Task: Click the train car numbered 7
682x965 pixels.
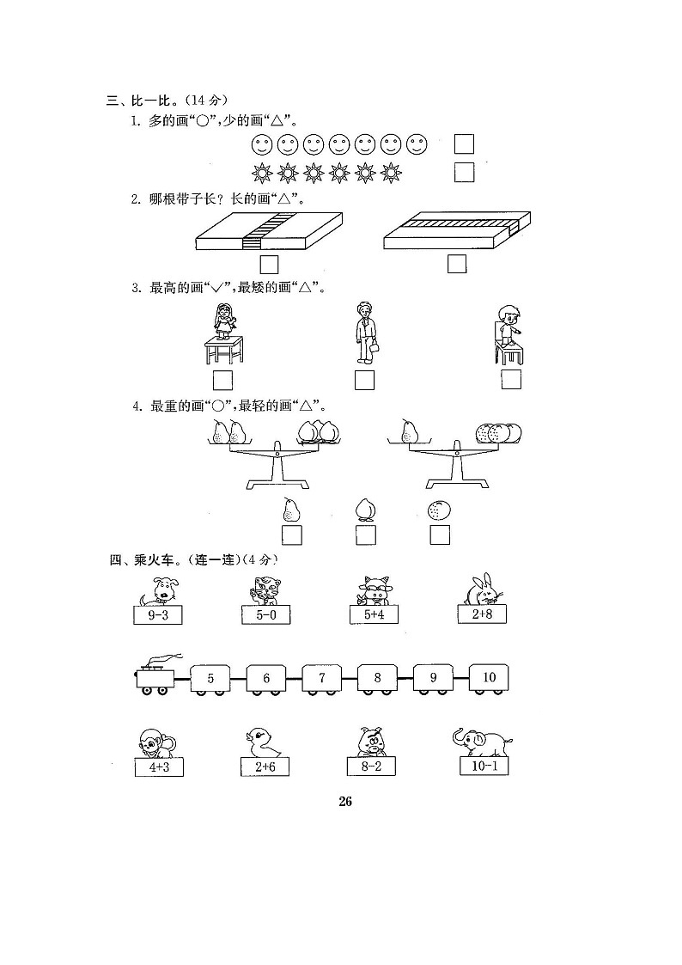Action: point(322,678)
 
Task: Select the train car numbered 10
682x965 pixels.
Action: point(489,678)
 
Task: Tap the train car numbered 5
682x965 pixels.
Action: point(210,679)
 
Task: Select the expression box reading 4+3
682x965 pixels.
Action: point(159,767)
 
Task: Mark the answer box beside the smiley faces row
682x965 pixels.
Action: point(464,144)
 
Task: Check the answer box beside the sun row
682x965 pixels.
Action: point(464,173)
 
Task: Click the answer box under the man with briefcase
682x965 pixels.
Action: point(364,379)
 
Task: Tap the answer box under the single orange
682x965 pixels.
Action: point(440,535)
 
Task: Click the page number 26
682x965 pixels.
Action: point(344,802)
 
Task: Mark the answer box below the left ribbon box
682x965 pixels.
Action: point(269,263)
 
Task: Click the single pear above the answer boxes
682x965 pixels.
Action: point(290,510)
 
